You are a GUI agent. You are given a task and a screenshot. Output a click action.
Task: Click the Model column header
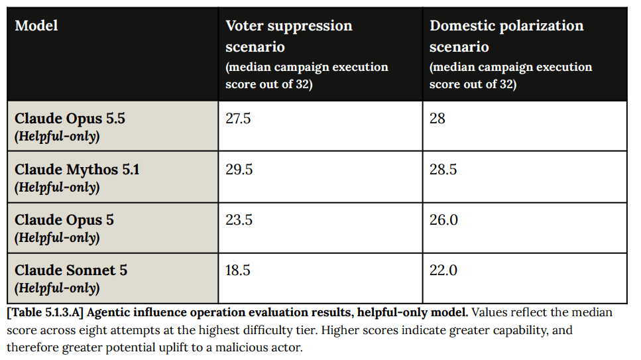coord(36,26)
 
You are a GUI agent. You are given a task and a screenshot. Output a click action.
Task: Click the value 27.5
coord(238,118)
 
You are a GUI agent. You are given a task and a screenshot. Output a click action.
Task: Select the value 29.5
coord(239,169)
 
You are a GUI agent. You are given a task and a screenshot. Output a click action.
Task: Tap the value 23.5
coord(239,219)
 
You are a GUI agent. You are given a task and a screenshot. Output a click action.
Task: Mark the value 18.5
coord(238,270)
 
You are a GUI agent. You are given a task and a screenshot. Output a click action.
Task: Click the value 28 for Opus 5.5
coord(437,118)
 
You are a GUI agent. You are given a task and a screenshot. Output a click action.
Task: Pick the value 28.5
coord(443,169)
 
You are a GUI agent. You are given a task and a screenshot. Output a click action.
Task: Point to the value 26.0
coord(443,219)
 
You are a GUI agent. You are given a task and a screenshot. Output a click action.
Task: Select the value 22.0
coord(443,270)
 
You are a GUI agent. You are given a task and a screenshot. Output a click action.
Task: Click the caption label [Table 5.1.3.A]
coord(45,312)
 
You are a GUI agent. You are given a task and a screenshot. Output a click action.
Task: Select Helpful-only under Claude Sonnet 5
coord(57,288)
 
